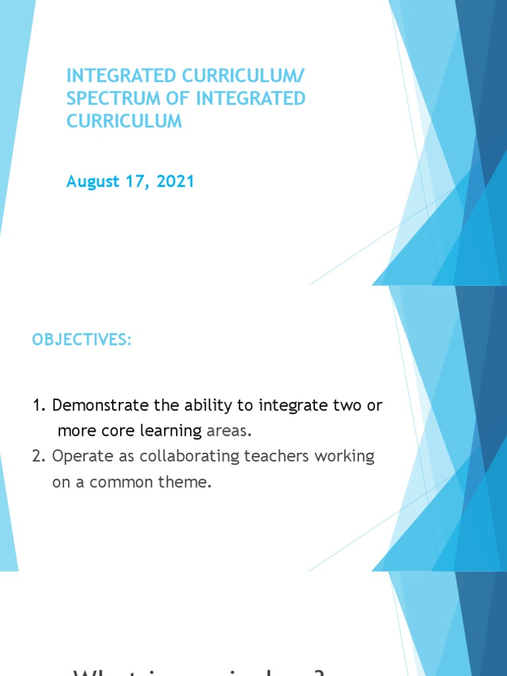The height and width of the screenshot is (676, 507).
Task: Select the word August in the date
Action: [91, 182]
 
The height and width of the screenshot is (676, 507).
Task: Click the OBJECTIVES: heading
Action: [82, 340]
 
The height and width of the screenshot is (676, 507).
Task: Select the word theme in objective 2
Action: [189, 482]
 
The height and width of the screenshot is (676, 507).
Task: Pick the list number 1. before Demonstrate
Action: [39, 405]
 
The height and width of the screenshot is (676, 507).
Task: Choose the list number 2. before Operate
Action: [39, 457]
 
